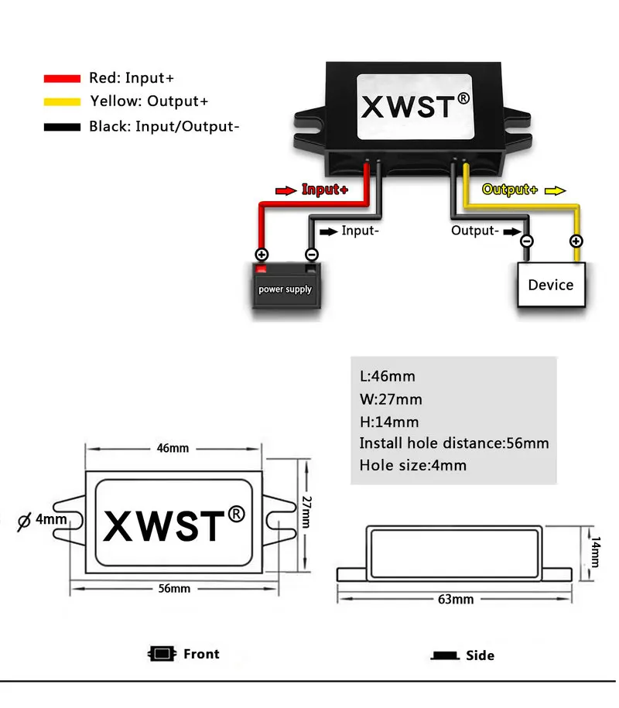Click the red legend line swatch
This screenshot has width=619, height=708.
point(62,78)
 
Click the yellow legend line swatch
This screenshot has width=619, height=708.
point(62,101)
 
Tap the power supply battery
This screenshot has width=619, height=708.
point(285,287)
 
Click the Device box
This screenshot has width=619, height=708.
point(550,285)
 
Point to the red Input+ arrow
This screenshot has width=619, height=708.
point(286,190)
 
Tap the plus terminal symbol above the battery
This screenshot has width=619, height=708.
point(262,254)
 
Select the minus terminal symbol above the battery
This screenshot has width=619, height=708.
point(312,254)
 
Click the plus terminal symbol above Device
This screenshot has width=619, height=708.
point(576,241)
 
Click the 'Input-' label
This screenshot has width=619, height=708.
point(360,230)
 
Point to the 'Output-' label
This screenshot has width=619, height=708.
point(473,230)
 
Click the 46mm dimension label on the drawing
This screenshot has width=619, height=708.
point(173,448)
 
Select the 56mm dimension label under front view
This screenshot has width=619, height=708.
point(174,589)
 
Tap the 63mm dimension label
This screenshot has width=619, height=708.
point(456,600)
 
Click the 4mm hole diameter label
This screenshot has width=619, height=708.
point(50,519)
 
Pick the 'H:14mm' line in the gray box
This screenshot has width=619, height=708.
point(389,422)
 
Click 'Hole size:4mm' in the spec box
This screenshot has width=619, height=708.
point(413,465)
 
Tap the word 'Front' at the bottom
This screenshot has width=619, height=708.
point(201,654)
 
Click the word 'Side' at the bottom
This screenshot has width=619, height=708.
point(480,655)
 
